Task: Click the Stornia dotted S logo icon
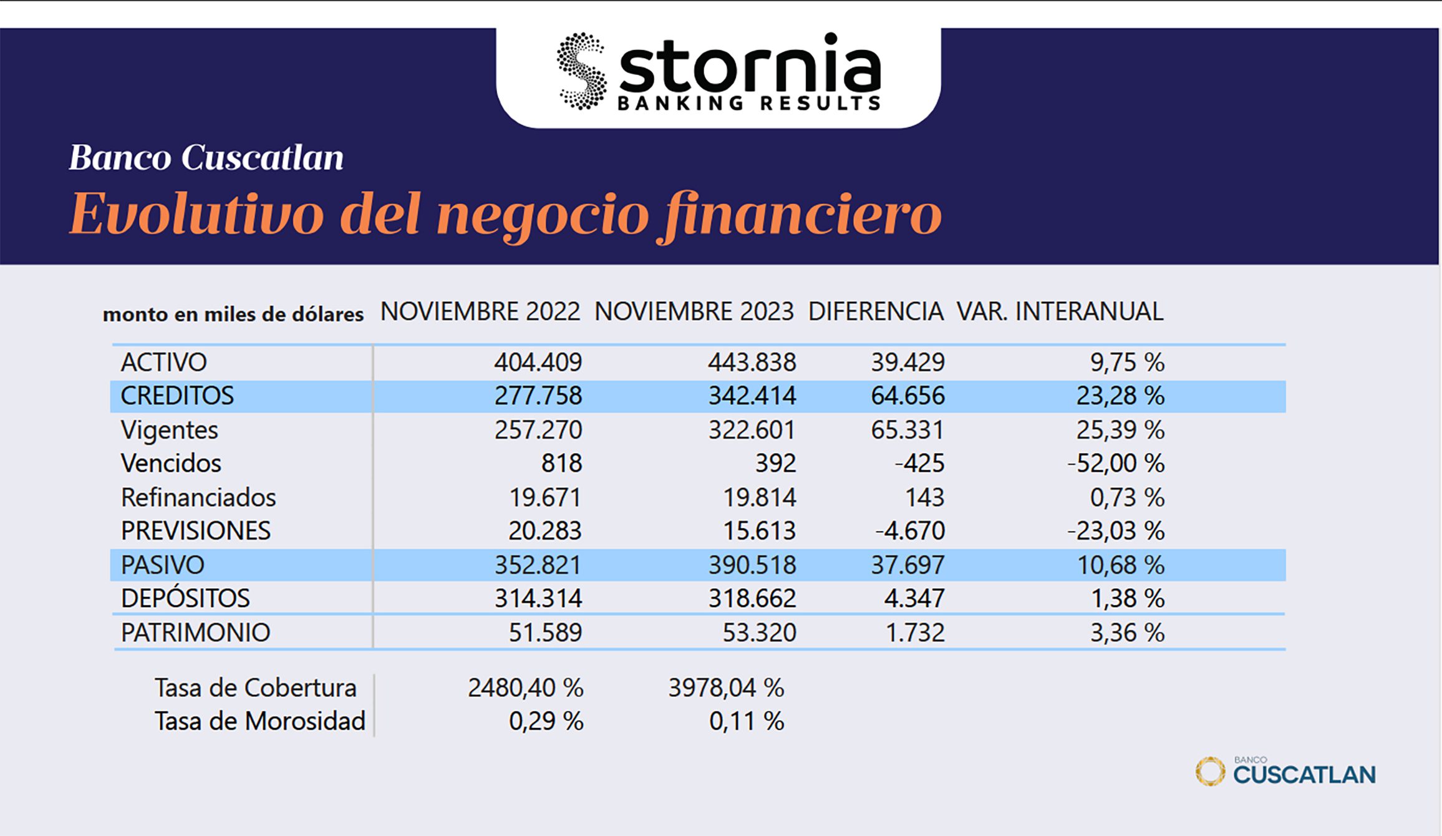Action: point(581,71)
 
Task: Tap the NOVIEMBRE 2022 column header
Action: point(480,311)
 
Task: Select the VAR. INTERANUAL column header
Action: point(1060,311)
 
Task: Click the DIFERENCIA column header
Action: point(876,311)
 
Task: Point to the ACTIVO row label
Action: point(163,362)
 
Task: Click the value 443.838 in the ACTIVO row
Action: point(752,362)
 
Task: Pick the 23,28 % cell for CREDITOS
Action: point(1120,396)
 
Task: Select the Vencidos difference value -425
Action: point(919,464)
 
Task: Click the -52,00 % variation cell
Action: point(1115,464)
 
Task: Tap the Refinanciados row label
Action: point(198,498)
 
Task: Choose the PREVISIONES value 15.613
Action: point(759,531)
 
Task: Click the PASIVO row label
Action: point(162,565)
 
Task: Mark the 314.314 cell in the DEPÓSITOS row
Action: point(538,599)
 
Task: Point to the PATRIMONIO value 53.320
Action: point(759,633)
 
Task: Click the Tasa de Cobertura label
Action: point(256,688)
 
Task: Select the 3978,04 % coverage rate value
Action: point(726,688)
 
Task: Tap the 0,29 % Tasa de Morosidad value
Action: point(546,722)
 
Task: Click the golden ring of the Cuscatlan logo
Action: point(1210,772)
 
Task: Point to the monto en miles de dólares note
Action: point(233,314)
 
